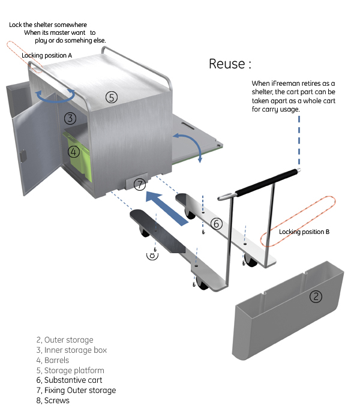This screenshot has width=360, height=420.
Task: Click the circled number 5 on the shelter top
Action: [112, 97]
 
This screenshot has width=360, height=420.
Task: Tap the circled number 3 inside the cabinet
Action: [70, 118]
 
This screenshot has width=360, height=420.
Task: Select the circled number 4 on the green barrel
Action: [73, 152]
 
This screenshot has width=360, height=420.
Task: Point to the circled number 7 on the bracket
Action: [139, 184]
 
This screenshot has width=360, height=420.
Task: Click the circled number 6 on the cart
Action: [217, 224]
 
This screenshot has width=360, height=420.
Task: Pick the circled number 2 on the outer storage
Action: [316, 296]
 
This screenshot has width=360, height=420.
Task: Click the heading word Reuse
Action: [227, 64]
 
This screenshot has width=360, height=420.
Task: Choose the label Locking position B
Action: [304, 232]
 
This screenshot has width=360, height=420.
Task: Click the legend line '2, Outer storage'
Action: [65, 340]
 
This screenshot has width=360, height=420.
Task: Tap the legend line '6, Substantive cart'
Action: [69, 380]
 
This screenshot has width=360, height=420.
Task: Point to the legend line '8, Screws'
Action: [53, 400]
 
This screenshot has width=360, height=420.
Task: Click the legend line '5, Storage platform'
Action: [70, 370]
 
